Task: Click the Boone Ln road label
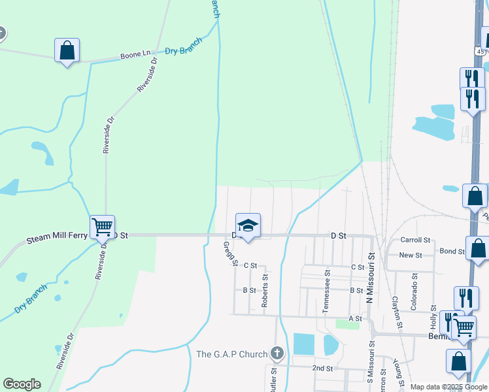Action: [136, 56]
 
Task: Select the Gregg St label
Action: [230, 253]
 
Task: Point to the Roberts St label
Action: [265, 291]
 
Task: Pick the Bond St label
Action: [452, 252]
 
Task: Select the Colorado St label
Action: [414, 282]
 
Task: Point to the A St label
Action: [355, 318]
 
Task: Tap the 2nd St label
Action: [322, 368]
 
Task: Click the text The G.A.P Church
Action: [232, 355]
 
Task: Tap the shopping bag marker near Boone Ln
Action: [67, 50]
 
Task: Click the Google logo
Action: [22, 384]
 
